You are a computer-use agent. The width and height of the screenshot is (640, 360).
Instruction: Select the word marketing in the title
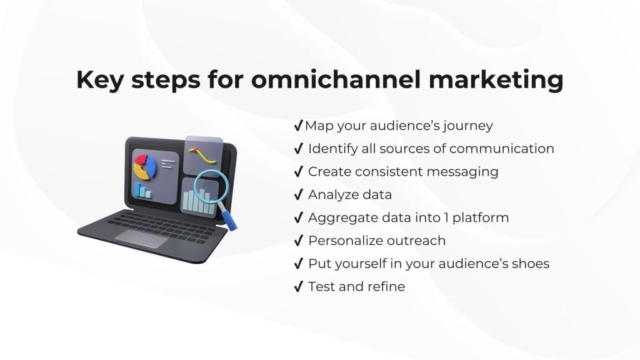(x=496, y=80)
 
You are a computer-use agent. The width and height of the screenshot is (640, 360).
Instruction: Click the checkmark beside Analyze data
(x=298, y=194)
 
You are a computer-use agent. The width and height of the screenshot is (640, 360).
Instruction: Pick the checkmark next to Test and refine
(x=298, y=286)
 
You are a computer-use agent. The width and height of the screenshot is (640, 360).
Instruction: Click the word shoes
(x=530, y=263)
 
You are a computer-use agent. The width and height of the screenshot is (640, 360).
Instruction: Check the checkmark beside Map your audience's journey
(x=298, y=126)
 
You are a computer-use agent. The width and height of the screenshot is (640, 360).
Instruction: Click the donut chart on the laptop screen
(x=145, y=166)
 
